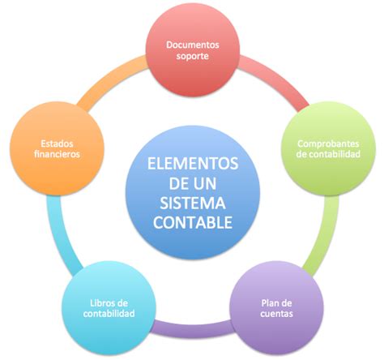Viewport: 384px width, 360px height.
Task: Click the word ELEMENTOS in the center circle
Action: (193, 164)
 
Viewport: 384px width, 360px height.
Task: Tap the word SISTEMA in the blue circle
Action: (193, 203)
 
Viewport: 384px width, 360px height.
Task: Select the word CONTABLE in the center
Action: (193, 222)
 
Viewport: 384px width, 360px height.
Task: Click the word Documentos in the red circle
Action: (193, 45)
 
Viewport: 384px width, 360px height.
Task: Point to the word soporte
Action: (193, 57)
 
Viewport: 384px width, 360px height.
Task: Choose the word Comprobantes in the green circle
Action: (328, 144)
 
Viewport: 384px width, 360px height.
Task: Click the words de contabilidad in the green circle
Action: (328, 154)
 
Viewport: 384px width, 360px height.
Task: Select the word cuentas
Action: (276, 314)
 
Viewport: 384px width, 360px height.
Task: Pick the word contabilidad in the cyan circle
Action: (109, 314)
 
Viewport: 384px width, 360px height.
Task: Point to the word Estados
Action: (57, 144)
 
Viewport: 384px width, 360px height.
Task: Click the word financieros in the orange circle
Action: (57, 154)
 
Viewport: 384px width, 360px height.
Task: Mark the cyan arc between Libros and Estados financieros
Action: (59, 234)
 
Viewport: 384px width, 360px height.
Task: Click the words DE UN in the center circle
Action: (193, 183)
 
